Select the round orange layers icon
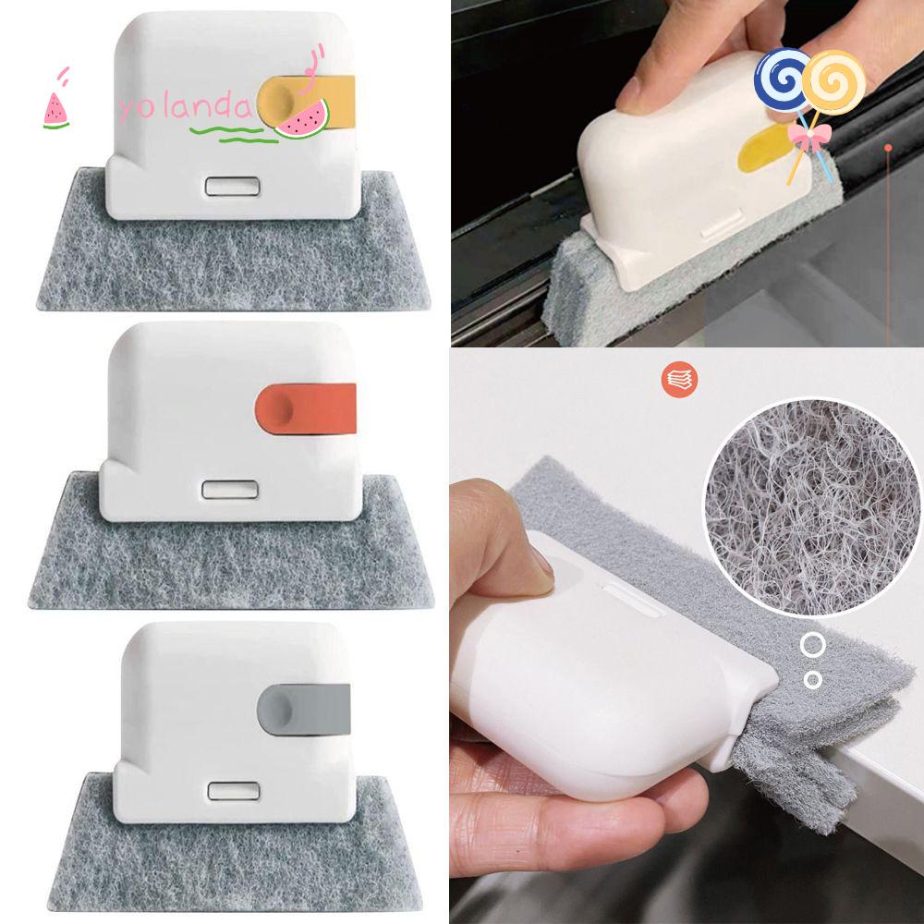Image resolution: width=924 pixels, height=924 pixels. tap(679, 379)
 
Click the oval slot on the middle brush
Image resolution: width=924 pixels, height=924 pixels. tap(229, 489)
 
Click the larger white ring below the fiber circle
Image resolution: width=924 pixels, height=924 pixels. tap(813, 645)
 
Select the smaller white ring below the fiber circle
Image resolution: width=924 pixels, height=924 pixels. tap(813, 680)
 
